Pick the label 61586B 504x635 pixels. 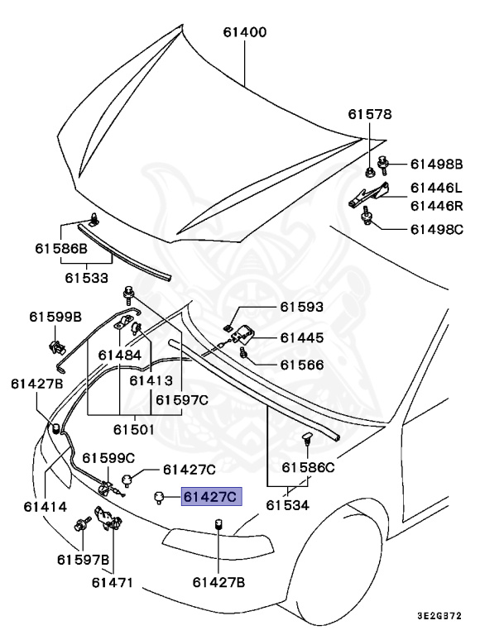[60, 247]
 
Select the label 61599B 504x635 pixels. [55, 317]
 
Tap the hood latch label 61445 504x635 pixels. [301, 337]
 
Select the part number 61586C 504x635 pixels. [308, 467]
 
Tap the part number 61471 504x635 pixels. [113, 582]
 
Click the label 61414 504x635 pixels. [32, 504]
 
